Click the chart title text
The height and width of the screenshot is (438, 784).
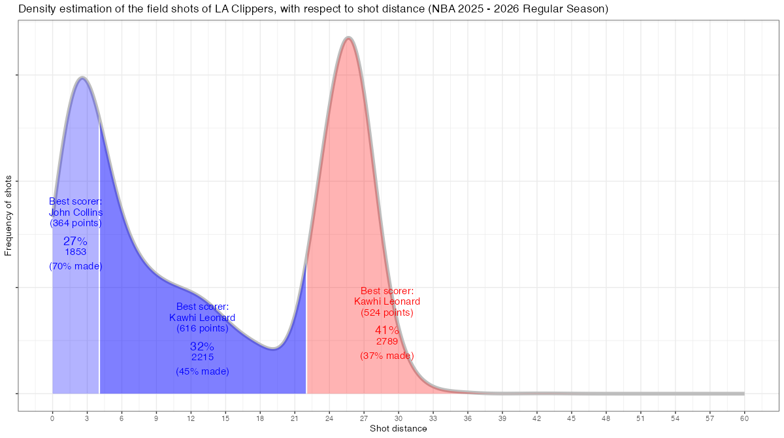click(314, 9)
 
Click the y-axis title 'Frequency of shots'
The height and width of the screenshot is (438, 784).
click(8, 215)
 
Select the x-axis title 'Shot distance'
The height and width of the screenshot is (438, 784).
click(399, 429)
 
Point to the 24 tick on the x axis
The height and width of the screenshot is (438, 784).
click(329, 417)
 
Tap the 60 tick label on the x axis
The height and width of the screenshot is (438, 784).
click(744, 417)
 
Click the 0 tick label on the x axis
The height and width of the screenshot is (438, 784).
click(52, 417)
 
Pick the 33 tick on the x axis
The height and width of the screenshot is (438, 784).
click(433, 417)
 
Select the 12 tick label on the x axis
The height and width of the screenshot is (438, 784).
click(191, 417)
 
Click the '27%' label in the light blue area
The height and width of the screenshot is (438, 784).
click(75, 241)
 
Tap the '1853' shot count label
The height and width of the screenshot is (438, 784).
click(76, 252)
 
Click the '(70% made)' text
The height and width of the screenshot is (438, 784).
click(76, 266)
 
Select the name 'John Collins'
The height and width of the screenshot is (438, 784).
click(76, 212)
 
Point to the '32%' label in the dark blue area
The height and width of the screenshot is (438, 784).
click(202, 346)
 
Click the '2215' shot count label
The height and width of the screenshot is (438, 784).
click(203, 357)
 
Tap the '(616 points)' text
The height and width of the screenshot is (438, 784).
click(203, 328)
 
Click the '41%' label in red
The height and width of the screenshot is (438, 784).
click(387, 331)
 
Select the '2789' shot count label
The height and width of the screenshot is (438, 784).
click(387, 341)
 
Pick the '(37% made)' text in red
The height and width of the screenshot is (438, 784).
click(387, 356)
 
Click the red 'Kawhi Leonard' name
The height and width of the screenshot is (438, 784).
click(387, 301)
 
